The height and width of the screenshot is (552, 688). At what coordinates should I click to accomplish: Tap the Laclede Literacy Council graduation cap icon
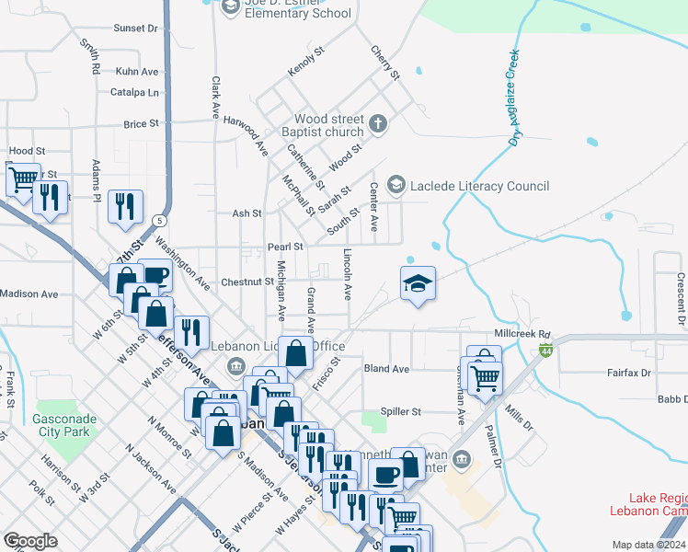click(396, 186)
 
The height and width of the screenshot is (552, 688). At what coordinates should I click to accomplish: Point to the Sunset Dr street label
click(135, 29)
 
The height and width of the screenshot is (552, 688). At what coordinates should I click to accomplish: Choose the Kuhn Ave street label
click(137, 71)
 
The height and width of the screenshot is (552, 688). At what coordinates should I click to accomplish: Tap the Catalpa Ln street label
click(134, 92)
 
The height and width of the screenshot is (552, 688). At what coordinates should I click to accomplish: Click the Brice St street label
click(141, 123)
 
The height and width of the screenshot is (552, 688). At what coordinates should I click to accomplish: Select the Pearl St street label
click(285, 247)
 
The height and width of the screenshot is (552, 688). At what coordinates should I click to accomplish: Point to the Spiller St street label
click(401, 411)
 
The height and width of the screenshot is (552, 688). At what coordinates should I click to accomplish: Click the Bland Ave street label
click(386, 369)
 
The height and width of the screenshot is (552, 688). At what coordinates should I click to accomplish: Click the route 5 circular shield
click(160, 221)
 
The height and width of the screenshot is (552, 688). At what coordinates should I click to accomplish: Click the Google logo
click(29, 541)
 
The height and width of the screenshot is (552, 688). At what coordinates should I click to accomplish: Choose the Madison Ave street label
click(29, 293)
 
